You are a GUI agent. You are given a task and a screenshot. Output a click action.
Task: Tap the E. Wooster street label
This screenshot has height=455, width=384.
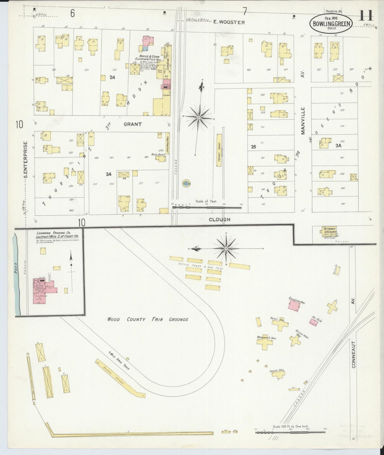[x=229, y=22]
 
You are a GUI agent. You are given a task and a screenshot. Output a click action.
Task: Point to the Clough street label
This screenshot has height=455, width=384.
[x=219, y=219]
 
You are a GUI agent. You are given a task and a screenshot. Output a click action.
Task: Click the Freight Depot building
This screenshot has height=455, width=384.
[x=219, y=150]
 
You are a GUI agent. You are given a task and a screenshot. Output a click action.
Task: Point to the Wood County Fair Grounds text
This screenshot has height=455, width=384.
[x=147, y=319]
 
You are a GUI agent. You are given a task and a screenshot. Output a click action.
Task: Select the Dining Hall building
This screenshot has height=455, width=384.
[x=278, y=374]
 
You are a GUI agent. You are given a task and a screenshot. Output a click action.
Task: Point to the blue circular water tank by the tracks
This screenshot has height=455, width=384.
[x=186, y=183]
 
